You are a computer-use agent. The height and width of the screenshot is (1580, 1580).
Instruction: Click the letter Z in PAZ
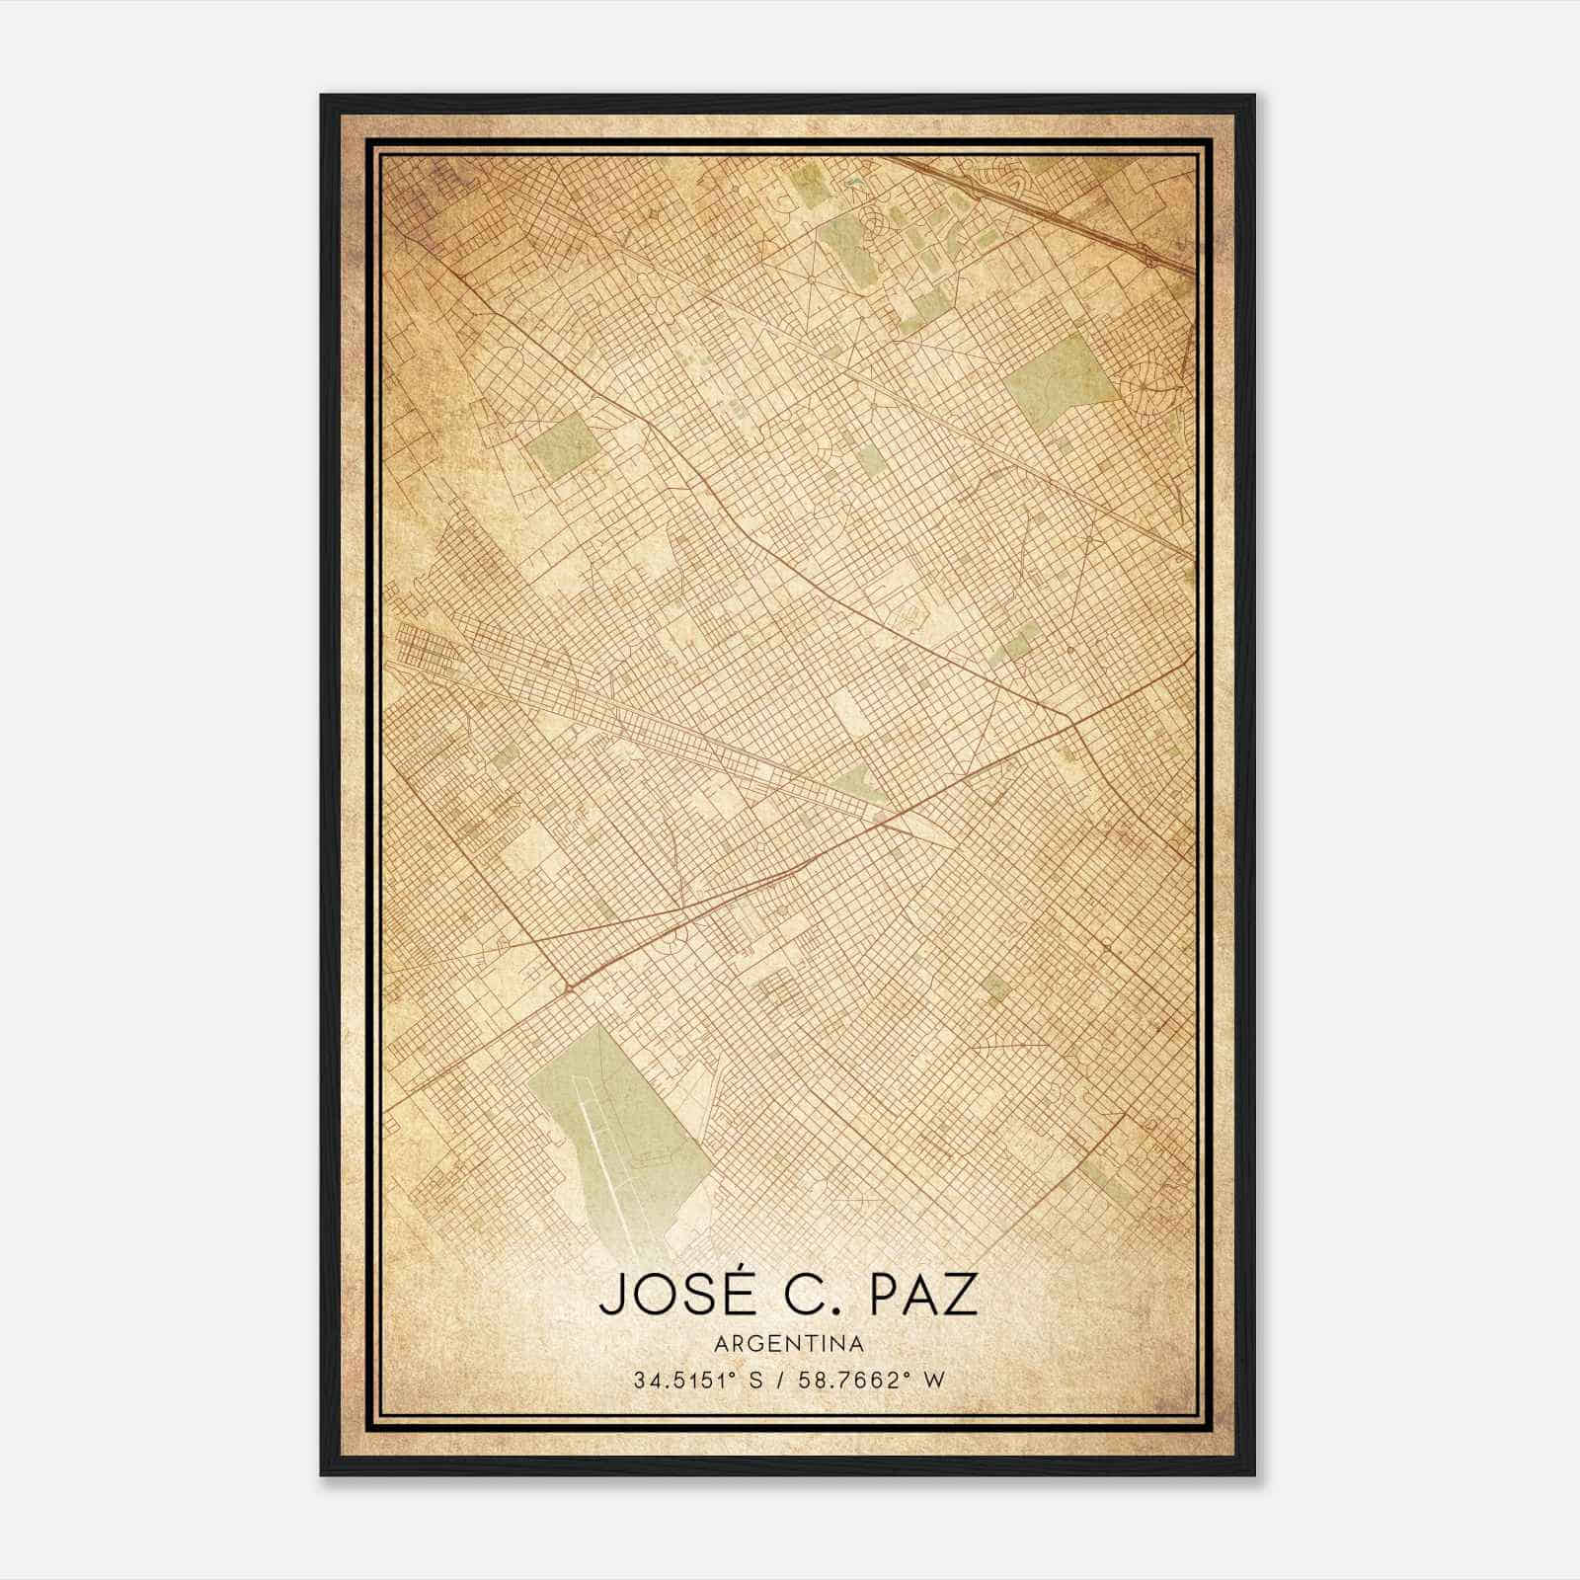(x=961, y=1297)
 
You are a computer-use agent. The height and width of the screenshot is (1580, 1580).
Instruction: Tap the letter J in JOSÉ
(x=609, y=1297)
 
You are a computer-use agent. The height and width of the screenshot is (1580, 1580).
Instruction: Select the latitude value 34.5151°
(x=689, y=1381)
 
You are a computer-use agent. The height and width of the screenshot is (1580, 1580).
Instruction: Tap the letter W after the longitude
(x=935, y=1381)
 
